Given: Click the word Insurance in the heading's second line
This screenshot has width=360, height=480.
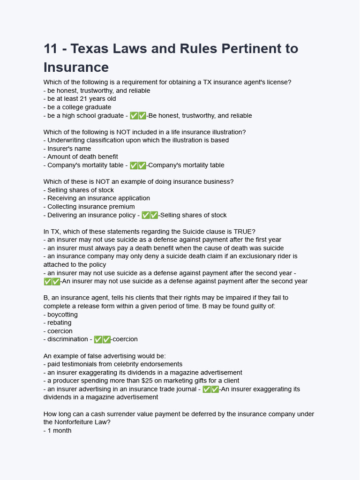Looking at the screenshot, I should point(76,67).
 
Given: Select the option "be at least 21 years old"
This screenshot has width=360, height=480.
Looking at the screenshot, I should point(82,99).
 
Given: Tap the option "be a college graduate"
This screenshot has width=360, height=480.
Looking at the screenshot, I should point(79,107).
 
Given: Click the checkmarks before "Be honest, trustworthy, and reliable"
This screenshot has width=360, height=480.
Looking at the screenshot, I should point(138,116).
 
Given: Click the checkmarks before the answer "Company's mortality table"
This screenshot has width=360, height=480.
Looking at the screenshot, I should point(138,165).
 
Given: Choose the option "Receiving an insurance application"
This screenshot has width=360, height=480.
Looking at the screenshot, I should point(98,198).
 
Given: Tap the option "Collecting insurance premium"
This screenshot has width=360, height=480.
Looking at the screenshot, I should point(91,207).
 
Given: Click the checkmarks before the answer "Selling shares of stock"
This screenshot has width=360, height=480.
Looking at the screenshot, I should point(150,215).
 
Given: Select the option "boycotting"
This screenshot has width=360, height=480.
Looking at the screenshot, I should point(62,315).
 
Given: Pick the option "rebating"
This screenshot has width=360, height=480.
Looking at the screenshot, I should point(59,322).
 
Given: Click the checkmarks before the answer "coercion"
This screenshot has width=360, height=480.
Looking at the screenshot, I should point(102,339).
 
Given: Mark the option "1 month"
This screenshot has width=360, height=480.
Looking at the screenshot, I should point(59,430).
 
